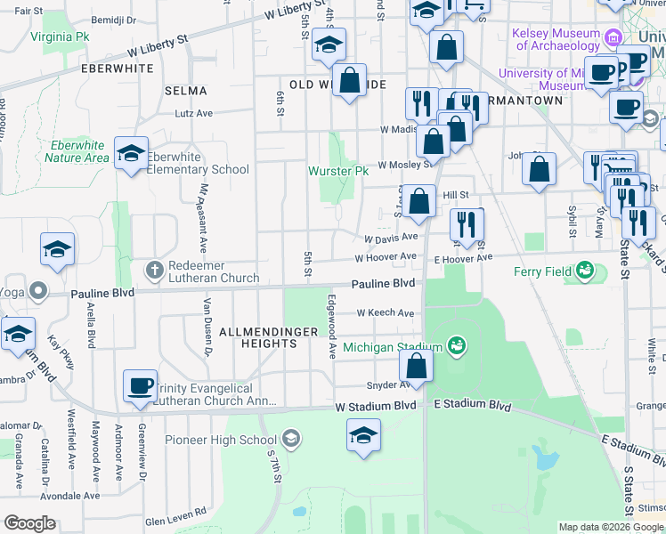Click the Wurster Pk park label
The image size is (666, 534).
click(x=337, y=171)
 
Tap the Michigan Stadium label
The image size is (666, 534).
click(x=393, y=346)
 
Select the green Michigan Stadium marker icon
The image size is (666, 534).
click(x=457, y=344)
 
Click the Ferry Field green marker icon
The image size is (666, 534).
click(x=585, y=269)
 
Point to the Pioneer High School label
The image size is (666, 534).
click(x=233, y=440)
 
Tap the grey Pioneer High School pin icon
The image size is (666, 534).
click(x=290, y=438)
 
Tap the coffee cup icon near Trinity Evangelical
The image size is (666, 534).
click(x=140, y=384)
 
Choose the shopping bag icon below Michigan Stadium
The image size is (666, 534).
click(x=416, y=364)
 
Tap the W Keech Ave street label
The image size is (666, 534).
click(x=386, y=313)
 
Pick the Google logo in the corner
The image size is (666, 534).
click(x=29, y=523)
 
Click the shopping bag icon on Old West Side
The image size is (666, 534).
click(x=351, y=79)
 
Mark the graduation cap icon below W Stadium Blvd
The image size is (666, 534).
click(x=362, y=436)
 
